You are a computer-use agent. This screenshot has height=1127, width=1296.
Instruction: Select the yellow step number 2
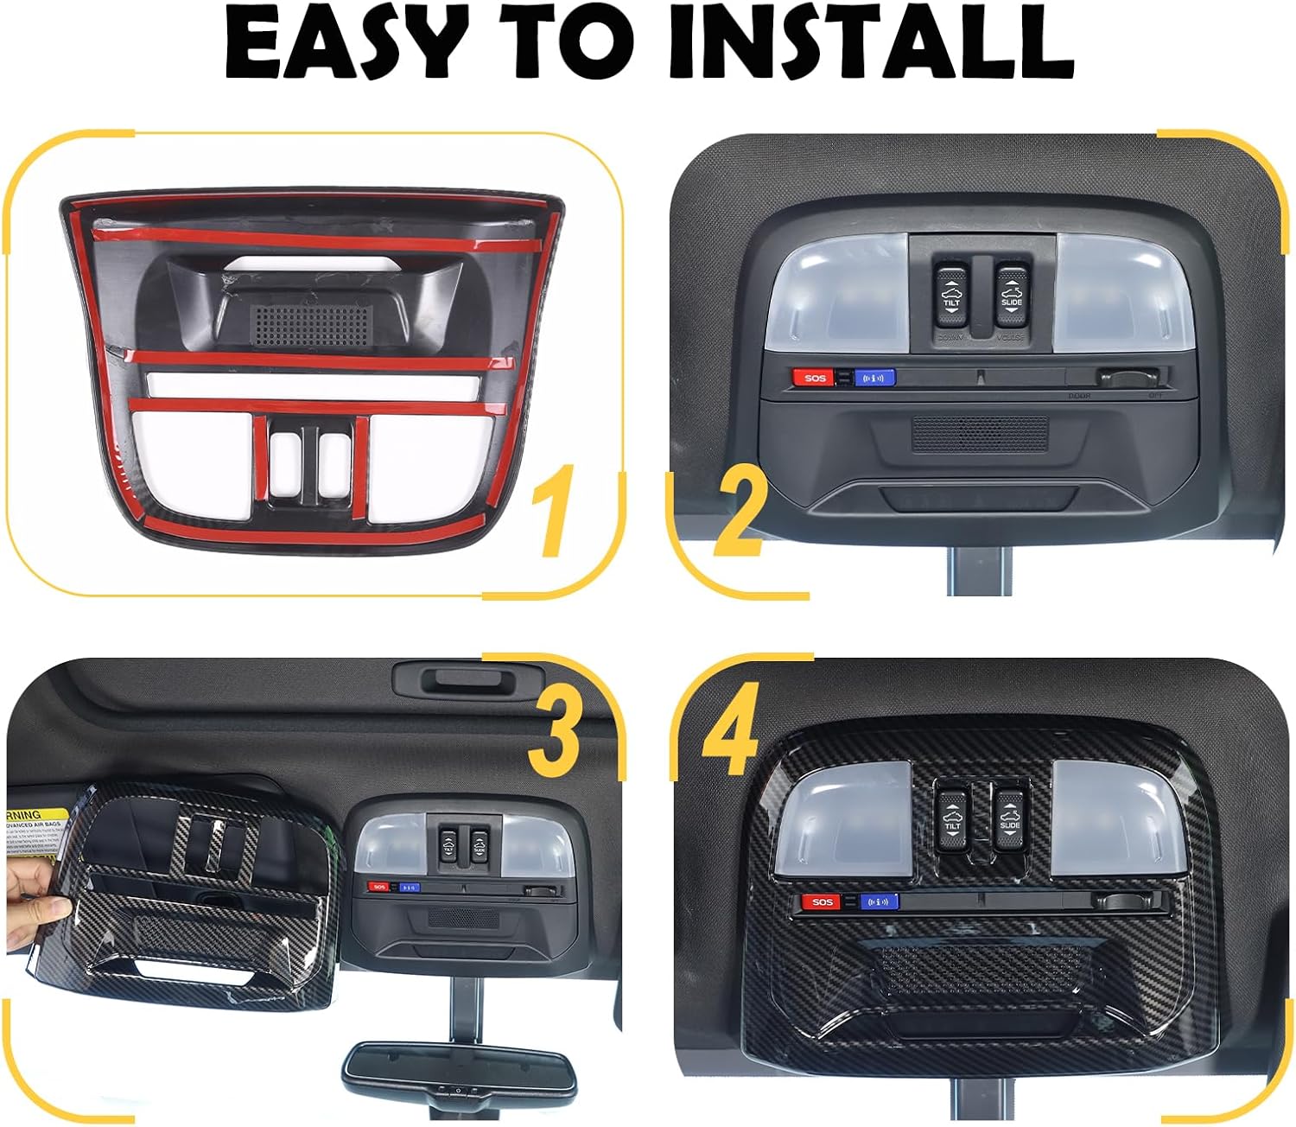(x=740, y=514)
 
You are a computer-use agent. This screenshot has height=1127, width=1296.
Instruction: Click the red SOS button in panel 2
(x=814, y=378)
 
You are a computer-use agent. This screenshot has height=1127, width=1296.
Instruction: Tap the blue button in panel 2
(x=874, y=378)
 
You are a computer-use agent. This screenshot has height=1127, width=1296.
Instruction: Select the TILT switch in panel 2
(x=951, y=297)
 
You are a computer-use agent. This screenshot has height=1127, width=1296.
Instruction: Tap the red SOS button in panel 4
(x=822, y=901)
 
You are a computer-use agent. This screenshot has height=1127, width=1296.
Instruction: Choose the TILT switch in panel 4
(x=952, y=816)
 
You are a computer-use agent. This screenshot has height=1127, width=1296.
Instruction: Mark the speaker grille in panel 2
(x=980, y=433)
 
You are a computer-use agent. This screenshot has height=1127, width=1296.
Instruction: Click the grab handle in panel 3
(x=467, y=680)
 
